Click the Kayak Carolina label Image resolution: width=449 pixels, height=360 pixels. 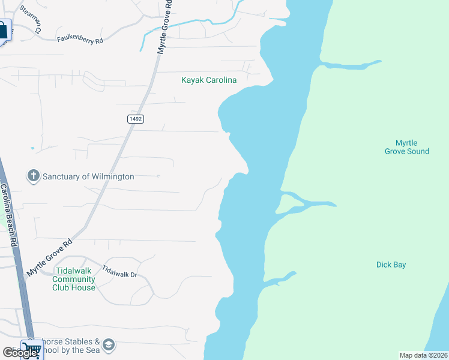coord(209,80)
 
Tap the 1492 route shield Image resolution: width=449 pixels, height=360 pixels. coord(135,119)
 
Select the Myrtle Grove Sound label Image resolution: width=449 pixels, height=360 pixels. coord(406,147)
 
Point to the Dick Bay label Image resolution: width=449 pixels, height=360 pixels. coord(391,265)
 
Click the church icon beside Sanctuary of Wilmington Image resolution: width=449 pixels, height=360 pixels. coord(33,176)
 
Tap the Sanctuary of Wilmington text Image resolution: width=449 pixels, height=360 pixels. coord(88,177)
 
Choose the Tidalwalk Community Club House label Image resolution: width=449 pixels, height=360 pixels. coord(74,280)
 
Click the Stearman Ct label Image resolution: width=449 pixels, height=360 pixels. coord(31,19)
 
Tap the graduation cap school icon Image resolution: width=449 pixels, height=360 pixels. coord(109,345)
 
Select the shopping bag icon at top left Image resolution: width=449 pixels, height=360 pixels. coord(4,30)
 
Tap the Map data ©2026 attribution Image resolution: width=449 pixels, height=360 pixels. coord(423,355)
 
